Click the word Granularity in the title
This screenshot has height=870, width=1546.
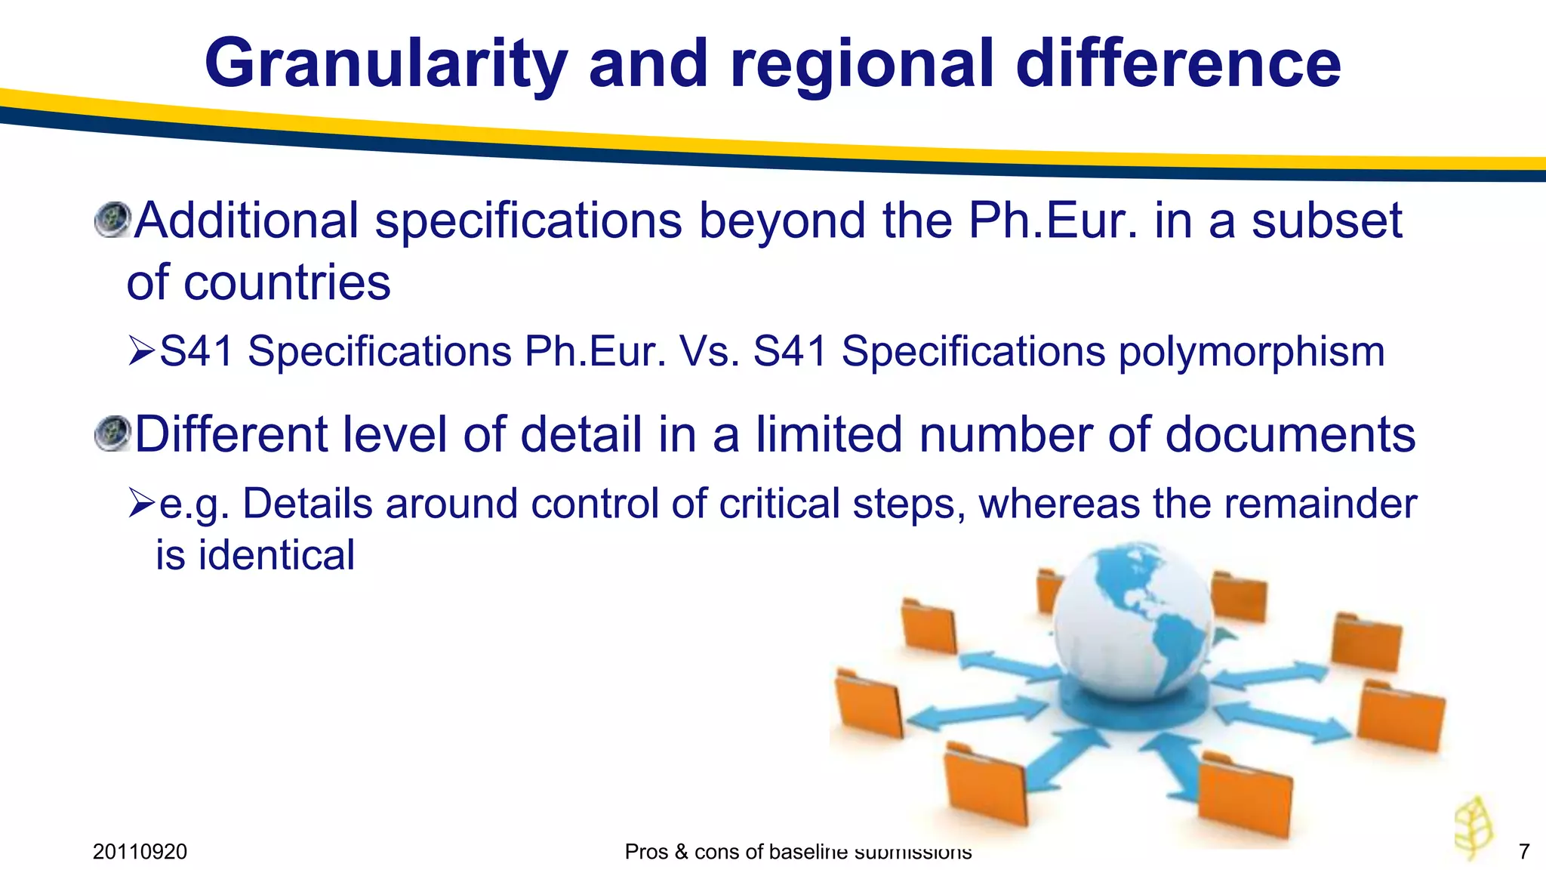point(386,64)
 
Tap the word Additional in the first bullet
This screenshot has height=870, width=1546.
point(246,221)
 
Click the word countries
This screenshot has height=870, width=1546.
point(287,282)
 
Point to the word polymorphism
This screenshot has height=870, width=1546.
point(1252,352)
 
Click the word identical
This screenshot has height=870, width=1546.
point(276,555)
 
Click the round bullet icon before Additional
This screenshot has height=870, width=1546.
point(113,220)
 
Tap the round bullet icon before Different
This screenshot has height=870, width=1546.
point(113,433)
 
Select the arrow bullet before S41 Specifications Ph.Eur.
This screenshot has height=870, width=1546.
point(141,352)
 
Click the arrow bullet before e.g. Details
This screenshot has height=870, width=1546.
point(141,504)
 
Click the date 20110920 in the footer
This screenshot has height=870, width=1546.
point(140,852)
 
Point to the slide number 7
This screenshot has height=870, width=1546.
point(1523,852)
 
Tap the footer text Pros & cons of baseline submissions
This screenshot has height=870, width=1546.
point(798,852)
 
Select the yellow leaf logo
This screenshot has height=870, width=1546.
point(1474,827)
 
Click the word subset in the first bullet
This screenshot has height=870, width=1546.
point(1326,221)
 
